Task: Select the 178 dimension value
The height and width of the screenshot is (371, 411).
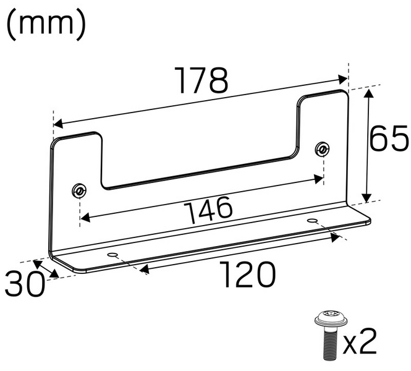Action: pos(201,80)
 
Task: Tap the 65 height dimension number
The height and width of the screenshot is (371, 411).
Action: pos(389,140)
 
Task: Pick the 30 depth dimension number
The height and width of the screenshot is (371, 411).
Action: pos(25,285)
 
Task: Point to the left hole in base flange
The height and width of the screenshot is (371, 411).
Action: pos(112,255)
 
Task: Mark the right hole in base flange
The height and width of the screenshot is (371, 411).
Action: pos(313,220)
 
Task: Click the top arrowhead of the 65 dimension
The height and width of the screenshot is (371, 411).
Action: pos(370,92)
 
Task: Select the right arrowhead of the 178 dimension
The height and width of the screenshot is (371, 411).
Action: pos(343,79)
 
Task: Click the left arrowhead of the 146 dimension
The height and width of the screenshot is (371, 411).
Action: pos(86,218)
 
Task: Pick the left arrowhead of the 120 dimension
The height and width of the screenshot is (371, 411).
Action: pos(143,268)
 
